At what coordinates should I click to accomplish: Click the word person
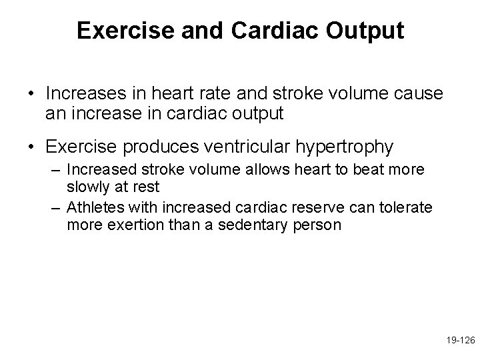coord(319,225)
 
